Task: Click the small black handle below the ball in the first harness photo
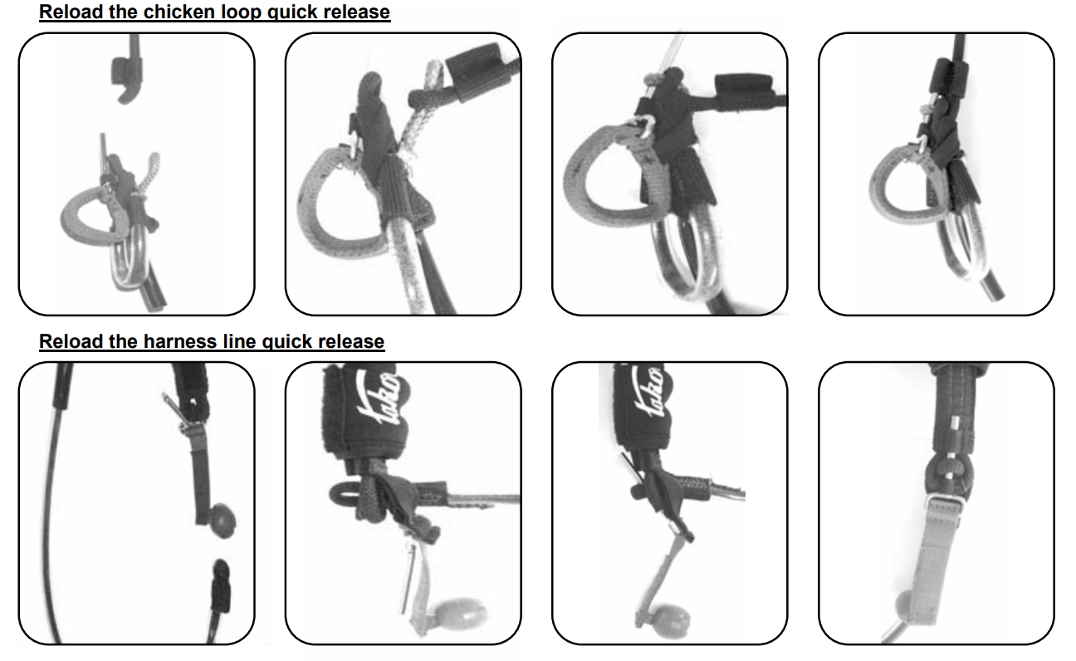point(221,586)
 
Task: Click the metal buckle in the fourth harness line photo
point(944,504)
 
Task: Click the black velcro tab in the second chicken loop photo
point(472,72)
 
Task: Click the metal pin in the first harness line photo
point(173,406)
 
